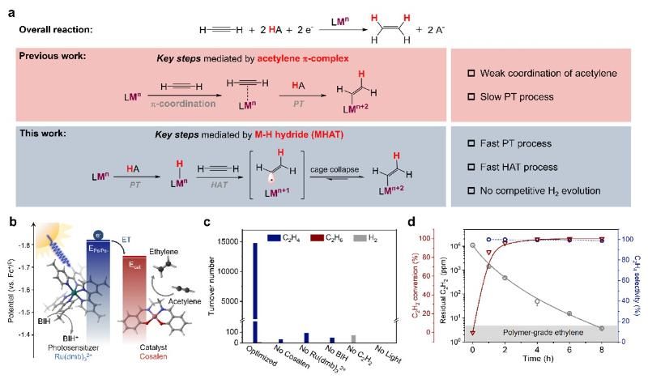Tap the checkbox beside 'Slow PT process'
coord(471,97)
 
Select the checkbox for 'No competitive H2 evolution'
coord(471,192)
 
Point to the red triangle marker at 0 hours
coord(472,332)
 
